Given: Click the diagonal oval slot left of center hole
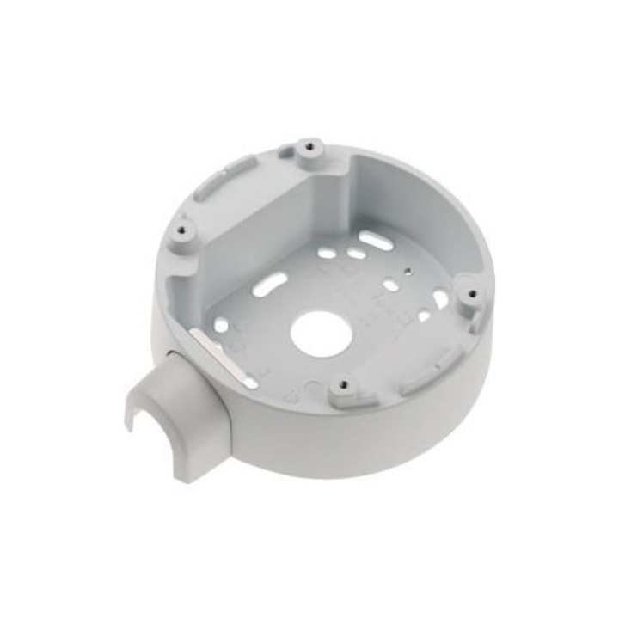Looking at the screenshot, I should (271, 284).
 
